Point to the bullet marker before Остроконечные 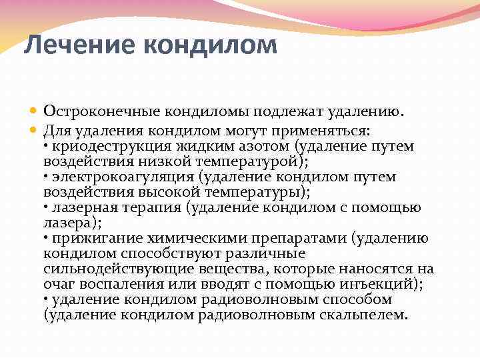pyautogui.click(x=35, y=111)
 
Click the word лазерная pyautogui.click(x=79, y=207)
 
